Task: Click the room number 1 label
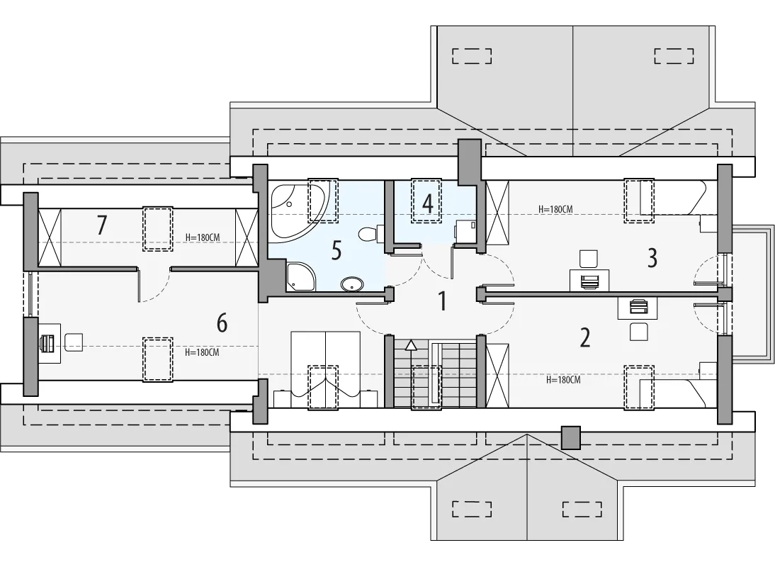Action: [x=442, y=301]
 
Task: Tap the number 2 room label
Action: [x=584, y=337]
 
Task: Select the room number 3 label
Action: [x=652, y=257]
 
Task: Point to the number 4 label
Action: [x=428, y=203]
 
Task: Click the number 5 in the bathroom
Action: [x=336, y=251]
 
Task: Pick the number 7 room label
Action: [x=101, y=225]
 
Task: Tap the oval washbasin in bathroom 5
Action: [x=352, y=284]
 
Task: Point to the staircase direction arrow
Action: [x=411, y=345]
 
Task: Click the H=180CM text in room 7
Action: [x=203, y=237]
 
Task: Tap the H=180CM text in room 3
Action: [x=555, y=210]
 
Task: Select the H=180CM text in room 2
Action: [x=563, y=380]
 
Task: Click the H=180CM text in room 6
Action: [x=202, y=352]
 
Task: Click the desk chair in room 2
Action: [x=638, y=331]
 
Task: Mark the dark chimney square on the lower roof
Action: [x=571, y=438]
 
